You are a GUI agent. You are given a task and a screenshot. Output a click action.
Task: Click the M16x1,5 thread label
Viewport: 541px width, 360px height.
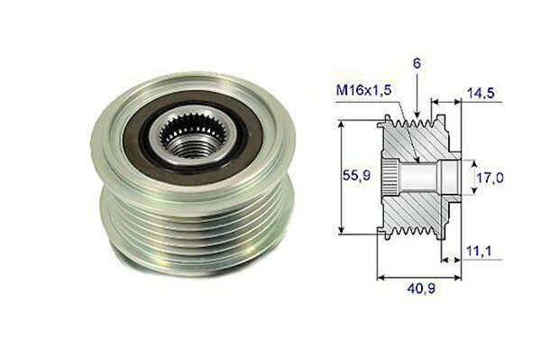point(364,90)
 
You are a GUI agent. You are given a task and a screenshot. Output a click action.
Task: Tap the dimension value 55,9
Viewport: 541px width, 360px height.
point(356,176)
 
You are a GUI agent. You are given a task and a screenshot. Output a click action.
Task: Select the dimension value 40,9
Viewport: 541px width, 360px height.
point(421,289)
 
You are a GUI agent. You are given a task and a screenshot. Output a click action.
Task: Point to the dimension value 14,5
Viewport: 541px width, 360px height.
point(481,93)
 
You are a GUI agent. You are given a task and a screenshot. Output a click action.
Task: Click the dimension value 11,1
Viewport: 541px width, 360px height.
point(479,251)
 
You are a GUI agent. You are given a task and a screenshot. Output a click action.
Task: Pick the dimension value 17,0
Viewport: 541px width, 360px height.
point(490,178)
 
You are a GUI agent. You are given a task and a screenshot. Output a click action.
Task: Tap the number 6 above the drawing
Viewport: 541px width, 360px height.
point(417,63)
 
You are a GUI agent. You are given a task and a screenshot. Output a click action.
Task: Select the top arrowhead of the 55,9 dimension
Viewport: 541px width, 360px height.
point(341,125)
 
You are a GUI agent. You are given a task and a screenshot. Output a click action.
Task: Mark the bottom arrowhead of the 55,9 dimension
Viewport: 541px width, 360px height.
point(341,229)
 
